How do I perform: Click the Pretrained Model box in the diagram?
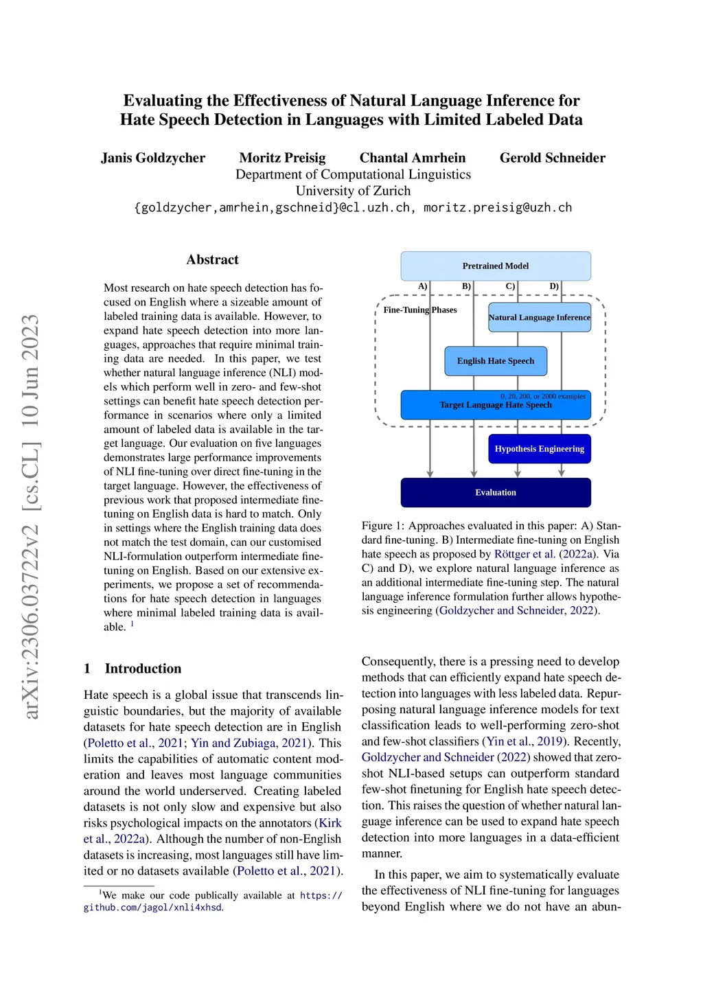click(495, 266)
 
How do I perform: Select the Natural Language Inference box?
click(539, 317)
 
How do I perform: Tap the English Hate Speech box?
click(495, 361)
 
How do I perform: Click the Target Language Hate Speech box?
click(495, 405)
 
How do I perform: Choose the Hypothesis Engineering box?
click(539, 449)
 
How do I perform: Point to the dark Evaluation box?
click(495, 492)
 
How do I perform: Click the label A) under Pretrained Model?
click(423, 286)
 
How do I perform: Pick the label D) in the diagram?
click(554, 286)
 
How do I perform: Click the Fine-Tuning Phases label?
click(419, 310)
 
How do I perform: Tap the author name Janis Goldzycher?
click(153, 158)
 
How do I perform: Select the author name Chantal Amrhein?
click(412, 158)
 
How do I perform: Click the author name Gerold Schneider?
click(552, 158)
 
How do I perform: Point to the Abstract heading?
click(212, 259)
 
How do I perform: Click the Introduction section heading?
click(143, 669)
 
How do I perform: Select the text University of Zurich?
click(353, 191)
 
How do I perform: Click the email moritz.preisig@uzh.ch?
click(497, 207)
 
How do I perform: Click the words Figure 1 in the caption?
click(382, 526)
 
